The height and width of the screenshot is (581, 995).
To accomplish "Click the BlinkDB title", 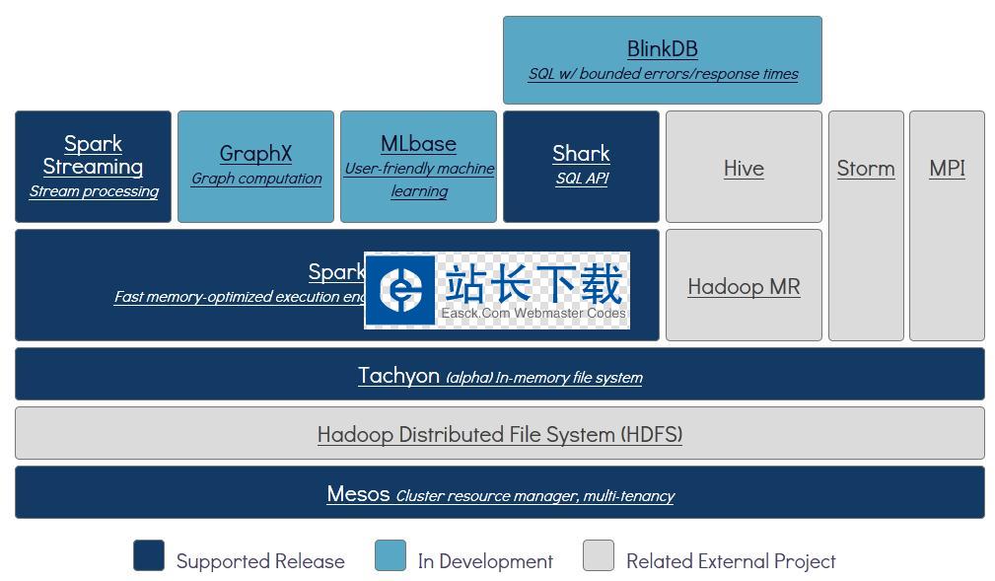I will [662, 48].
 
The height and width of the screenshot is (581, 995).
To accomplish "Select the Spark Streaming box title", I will [93, 155].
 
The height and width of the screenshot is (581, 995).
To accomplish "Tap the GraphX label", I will [255, 153].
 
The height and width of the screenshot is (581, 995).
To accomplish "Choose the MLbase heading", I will [418, 143].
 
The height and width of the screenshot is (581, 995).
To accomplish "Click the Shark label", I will [581, 153].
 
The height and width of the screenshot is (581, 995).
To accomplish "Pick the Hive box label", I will [744, 168].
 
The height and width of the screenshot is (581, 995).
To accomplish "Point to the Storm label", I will [866, 168].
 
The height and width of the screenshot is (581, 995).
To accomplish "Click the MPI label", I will [947, 168].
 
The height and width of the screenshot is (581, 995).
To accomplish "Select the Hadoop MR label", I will [744, 286].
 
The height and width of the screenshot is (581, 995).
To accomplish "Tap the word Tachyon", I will [398, 375].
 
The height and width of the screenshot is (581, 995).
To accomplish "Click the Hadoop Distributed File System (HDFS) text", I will [499, 434].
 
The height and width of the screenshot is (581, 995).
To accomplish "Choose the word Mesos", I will [358, 493].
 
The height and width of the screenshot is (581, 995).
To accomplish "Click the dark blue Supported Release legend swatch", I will [149, 555].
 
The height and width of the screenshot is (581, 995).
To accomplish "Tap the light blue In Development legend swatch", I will [391, 555].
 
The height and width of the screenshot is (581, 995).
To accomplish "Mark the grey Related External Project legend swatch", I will [599, 555].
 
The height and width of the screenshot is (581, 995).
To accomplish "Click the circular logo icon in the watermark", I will [401, 288].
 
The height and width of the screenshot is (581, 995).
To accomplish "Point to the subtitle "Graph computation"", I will [255, 179].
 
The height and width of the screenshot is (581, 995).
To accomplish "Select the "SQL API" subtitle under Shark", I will [581, 179].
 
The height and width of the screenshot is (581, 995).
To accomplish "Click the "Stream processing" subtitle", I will [93, 191].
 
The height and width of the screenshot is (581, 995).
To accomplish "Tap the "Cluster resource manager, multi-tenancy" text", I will [534, 495].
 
